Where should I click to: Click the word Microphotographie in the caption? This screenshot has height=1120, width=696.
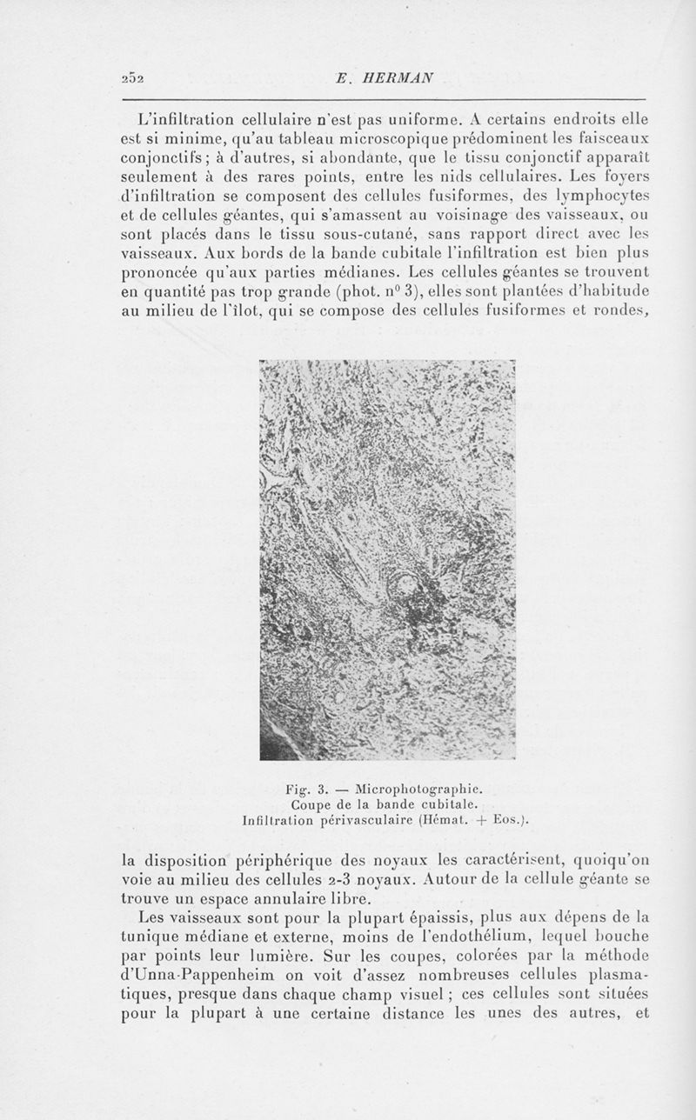point(421,790)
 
